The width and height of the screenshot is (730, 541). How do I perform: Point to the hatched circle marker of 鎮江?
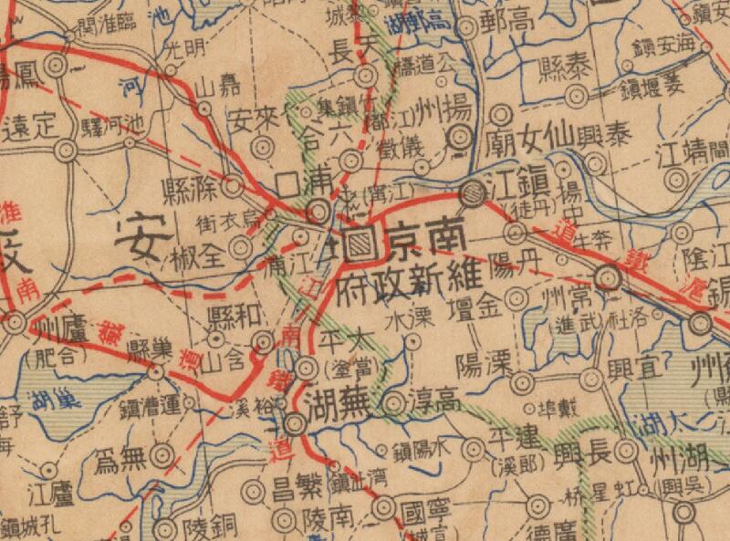473,192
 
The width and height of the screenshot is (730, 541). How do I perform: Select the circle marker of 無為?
162,454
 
